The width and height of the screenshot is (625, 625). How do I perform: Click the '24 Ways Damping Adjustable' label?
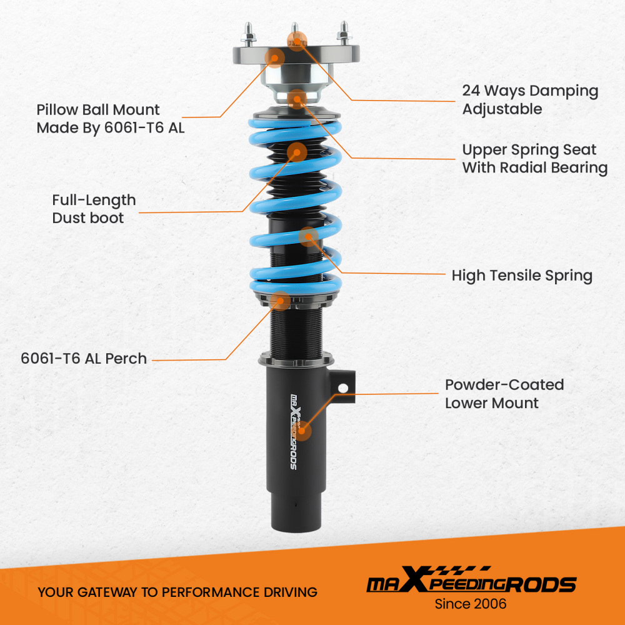click(x=530, y=99)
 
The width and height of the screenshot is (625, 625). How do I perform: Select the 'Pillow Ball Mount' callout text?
click(x=110, y=119)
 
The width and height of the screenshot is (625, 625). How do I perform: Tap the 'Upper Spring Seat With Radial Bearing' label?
click(x=534, y=159)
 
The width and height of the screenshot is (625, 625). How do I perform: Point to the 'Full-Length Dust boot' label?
click(x=94, y=209)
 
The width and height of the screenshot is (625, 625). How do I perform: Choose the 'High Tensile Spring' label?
click(x=522, y=276)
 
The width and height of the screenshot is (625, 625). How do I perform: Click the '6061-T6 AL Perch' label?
click(x=84, y=359)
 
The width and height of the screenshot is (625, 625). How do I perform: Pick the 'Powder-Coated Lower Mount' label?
click(x=504, y=394)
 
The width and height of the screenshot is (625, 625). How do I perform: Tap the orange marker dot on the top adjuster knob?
click(x=297, y=41)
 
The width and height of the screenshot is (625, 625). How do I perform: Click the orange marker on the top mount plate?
click(x=274, y=58)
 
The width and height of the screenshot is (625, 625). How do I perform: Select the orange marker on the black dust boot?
click(x=297, y=152)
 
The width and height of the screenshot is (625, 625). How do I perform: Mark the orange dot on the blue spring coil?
click(x=309, y=236)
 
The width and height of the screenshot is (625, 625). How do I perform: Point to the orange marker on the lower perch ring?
click(x=281, y=301)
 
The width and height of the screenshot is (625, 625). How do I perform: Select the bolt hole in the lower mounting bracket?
click(x=342, y=388)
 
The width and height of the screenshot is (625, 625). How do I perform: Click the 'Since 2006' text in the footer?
click(x=471, y=604)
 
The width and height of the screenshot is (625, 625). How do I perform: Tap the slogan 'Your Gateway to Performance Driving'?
click(x=177, y=592)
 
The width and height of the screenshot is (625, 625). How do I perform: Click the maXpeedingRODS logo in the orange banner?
click(x=471, y=582)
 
